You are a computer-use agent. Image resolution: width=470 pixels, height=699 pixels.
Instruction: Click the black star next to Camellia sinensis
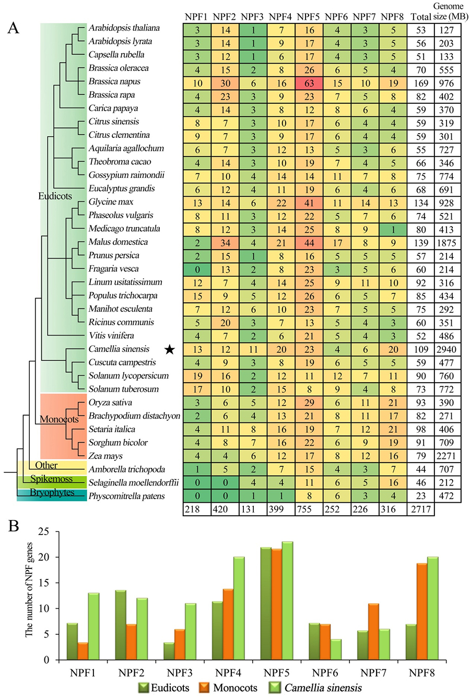point(169,349)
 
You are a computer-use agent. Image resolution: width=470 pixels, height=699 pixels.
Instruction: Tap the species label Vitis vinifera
point(111,336)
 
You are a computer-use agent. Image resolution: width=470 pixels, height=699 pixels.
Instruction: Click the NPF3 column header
point(253,17)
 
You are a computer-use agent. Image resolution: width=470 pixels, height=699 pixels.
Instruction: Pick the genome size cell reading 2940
point(447,350)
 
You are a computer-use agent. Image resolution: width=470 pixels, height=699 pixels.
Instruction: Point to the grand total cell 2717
point(420,510)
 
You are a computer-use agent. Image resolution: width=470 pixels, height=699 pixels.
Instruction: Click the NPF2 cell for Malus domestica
point(225,243)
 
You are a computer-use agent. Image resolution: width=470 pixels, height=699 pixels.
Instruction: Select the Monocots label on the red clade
point(59,419)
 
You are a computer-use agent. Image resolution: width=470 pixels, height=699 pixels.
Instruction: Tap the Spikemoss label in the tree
point(51,479)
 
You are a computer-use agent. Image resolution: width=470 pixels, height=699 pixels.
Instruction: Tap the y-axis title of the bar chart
point(29,597)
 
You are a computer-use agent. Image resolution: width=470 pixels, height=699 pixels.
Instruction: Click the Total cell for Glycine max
point(420,203)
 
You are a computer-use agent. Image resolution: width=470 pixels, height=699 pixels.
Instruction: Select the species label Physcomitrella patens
point(126,496)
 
